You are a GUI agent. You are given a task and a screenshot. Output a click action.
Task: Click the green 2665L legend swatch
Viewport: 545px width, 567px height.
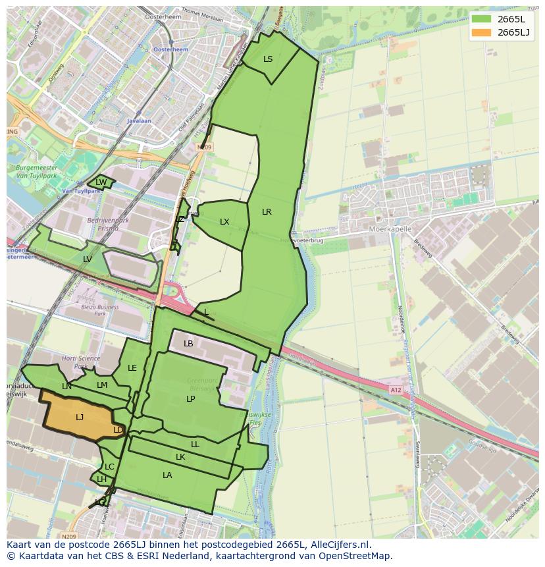pyautogui.click(x=481, y=19)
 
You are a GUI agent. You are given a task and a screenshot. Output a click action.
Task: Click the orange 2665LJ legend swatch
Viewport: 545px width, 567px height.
pyautogui.click(x=481, y=32)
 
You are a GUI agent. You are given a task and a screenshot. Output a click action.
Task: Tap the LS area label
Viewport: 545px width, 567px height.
pyautogui.click(x=268, y=59)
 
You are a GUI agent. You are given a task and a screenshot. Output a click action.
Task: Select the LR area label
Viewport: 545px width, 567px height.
pyautogui.click(x=267, y=212)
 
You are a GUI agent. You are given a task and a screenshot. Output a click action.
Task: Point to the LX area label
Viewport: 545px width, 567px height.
pyautogui.click(x=224, y=222)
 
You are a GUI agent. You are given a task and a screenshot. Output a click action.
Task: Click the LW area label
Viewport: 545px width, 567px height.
pyautogui.click(x=101, y=182)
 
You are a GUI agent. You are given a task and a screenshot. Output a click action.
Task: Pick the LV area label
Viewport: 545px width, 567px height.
pyautogui.click(x=88, y=259)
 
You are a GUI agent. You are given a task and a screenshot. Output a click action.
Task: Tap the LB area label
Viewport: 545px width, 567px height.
pyautogui.click(x=188, y=344)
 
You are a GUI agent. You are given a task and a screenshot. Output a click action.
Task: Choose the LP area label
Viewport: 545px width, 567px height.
pyautogui.click(x=190, y=399)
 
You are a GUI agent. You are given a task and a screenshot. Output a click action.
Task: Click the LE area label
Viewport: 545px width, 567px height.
pyautogui.click(x=132, y=368)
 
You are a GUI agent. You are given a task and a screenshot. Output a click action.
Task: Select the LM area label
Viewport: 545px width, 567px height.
pyautogui.click(x=102, y=385)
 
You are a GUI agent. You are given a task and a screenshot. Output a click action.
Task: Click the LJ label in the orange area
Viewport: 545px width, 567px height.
pyautogui.click(x=80, y=418)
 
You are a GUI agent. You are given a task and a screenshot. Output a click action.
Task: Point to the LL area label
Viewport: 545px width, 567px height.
pyautogui.click(x=195, y=445)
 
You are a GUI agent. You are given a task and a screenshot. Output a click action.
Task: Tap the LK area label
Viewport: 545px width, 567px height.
pyautogui.click(x=180, y=457)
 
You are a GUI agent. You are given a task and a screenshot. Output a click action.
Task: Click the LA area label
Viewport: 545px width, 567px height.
pyautogui.click(x=167, y=475)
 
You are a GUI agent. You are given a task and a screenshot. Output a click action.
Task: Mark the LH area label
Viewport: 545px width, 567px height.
pyautogui.click(x=101, y=479)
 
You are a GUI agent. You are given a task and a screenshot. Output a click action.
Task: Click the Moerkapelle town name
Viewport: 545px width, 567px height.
pyautogui.click(x=390, y=229)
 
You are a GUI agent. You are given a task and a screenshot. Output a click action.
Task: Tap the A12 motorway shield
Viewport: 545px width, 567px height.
pyautogui.click(x=395, y=391)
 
